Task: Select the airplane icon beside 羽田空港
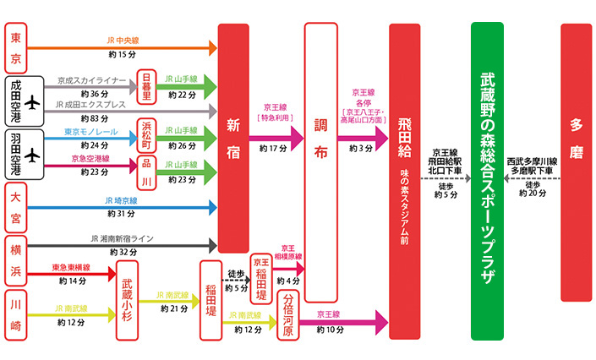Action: [33, 155]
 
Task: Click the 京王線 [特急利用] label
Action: [276, 113]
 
